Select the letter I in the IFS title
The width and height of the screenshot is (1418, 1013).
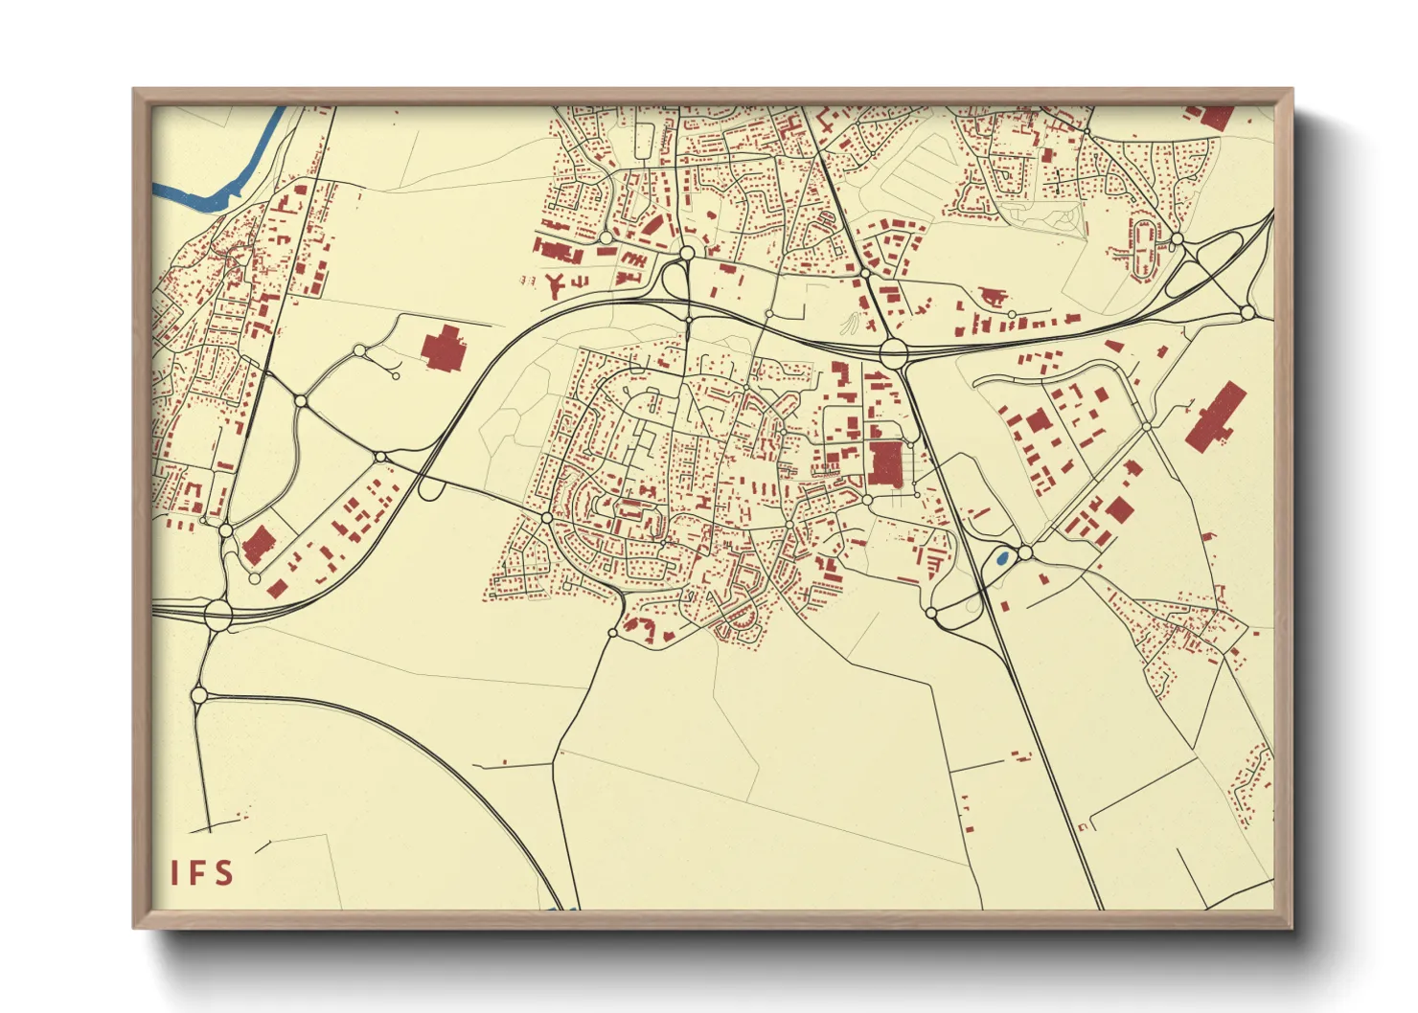tap(174, 873)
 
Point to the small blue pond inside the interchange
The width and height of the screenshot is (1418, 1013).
tap(1001, 557)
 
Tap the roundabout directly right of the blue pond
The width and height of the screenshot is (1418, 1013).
tap(1025, 552)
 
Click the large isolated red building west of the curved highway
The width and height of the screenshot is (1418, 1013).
tap(442, 349)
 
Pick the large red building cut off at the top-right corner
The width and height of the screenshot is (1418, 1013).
tap(1215, 117)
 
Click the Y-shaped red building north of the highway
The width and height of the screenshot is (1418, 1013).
tap(553, 283)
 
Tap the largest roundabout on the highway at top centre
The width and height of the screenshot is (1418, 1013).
tap(893, 351)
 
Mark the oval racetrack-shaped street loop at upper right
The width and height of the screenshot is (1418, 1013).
tap(1142, 248)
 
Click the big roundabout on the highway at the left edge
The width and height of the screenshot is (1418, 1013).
tap(218, 613)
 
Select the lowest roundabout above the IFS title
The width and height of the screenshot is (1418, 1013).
tap(199, 694)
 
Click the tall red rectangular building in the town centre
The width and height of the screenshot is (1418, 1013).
tap(885, 463)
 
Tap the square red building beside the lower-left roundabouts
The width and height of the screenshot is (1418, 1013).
tap(256, 547)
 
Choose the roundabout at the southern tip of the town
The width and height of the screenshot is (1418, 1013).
tap(613, 632)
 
